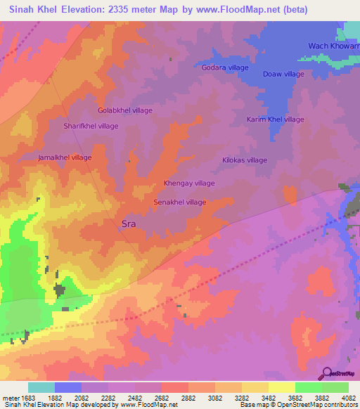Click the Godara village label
pos(225,67)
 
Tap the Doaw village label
pos(283,74)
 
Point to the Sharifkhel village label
pos(91,126)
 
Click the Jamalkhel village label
pos(65,157)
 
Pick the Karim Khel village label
pos(275,119)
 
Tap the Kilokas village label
pos(245,160)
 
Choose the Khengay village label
pos(189,183)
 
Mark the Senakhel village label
pos(180,202)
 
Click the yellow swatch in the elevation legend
pos(281,387)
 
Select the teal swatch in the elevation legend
pos(41,387)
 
